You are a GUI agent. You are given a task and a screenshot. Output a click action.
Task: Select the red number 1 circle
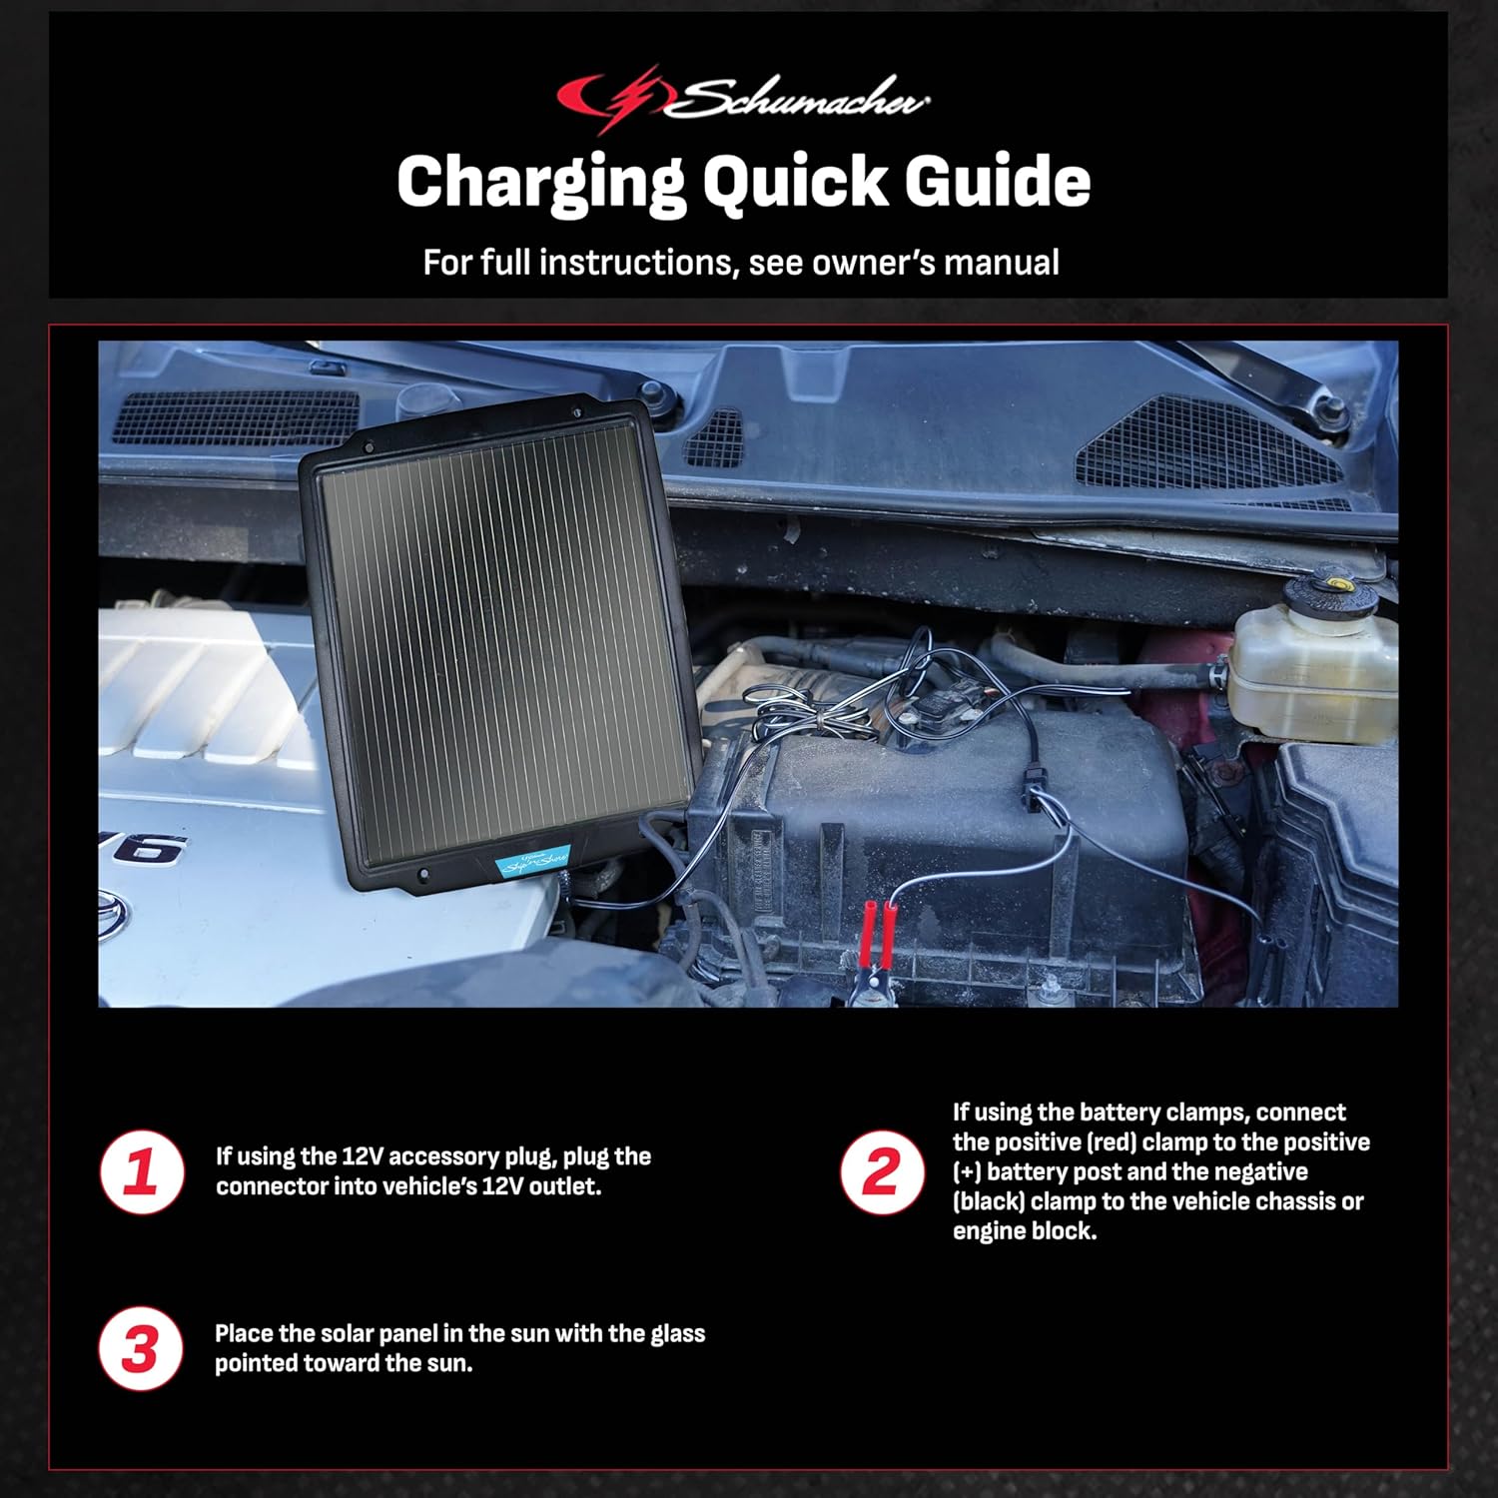(x=142, y=1171)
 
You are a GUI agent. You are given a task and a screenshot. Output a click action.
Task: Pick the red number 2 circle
(x=881, y=1171)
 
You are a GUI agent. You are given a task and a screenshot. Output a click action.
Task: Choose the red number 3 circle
(x=142, y=1349)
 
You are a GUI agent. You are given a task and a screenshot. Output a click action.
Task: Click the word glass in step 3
(x=677, y=1333)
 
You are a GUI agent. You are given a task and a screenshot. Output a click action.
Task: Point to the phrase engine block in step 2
(x=1024, y=1231)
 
